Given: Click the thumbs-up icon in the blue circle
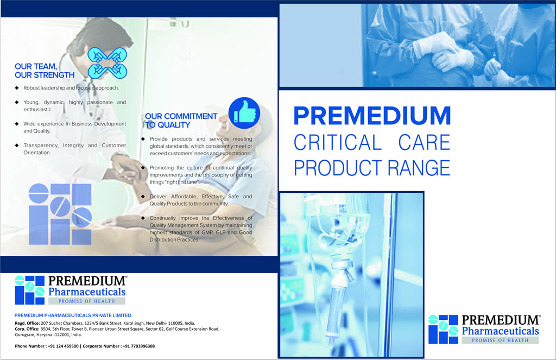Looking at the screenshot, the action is coord(244,113).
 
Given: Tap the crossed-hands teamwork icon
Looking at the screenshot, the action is coord(107,63).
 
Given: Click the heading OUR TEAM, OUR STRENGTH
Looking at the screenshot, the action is coord(45,71).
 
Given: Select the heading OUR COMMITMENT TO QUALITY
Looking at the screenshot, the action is coord(181,121).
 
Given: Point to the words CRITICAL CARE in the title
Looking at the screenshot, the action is coord(372,143).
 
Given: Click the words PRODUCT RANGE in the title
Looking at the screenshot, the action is coord(372,168).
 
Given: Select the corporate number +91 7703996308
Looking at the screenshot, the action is coord(138,346).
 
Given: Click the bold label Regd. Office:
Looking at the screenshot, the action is coord(27,323).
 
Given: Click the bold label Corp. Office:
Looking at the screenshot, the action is coord(27,329).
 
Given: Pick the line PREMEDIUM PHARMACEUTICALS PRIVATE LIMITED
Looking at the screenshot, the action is coord(73,315).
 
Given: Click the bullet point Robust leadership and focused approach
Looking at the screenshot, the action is coord(71,88).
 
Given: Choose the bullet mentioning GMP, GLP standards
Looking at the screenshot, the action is coord(201,229).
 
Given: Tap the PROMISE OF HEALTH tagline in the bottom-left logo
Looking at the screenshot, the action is coord(86,301).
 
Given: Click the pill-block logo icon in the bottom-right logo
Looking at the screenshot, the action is coord(443,329).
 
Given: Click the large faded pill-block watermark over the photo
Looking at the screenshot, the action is coord(60,214).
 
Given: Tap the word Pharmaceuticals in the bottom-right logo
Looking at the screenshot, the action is coord(500,331).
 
